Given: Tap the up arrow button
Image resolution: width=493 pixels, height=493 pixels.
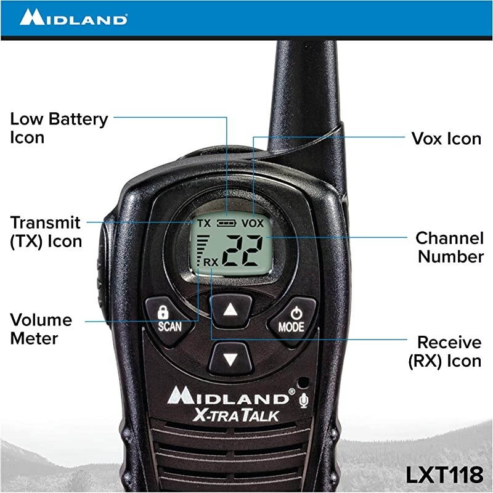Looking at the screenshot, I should point(230,310).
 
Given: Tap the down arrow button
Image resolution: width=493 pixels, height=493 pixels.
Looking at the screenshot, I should point(230,359).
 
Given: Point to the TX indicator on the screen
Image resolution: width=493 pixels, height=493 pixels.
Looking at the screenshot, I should point(203,222).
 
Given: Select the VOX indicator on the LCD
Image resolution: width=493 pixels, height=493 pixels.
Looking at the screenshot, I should point(252,222).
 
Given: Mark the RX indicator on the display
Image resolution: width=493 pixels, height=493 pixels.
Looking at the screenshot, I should point(211,262).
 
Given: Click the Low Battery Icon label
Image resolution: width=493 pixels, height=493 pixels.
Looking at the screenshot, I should point(59,128).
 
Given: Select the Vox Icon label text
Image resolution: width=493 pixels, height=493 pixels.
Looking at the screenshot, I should point(446,138).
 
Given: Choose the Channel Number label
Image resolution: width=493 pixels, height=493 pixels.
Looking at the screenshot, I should point(449,247).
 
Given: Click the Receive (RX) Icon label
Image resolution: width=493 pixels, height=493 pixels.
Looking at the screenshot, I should point(444,351).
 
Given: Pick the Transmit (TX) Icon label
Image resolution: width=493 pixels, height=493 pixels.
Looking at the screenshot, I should point(46,231).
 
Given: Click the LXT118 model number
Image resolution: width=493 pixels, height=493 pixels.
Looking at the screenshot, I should point(444,475).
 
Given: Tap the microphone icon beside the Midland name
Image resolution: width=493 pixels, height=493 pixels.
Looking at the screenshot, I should point(303,401).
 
